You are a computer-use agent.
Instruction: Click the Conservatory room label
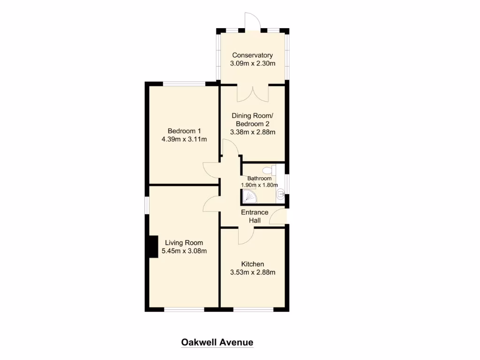(252, 55)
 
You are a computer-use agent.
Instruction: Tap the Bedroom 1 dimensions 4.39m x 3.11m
(184, 139)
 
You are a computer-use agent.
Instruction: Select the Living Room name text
(184, 243)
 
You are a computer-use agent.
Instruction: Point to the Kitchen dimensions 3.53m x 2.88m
(253, 272)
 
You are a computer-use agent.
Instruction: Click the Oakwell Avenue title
(217, 343)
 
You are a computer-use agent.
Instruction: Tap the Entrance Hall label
(255, 216)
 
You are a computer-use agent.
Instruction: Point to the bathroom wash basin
(280, 195)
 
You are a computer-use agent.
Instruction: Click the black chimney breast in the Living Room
(152, 246)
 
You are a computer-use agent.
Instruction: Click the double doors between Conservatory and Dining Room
(253, 93)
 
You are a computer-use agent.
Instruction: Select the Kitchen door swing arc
(245, 236)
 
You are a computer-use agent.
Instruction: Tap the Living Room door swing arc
(211, 203)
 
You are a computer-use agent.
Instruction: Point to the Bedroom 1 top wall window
(184, 84)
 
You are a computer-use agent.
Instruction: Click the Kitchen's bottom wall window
(253, 309)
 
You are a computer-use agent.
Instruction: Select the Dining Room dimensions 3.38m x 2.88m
(252, 132)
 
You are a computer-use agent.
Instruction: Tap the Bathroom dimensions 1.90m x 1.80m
(259, 185)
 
